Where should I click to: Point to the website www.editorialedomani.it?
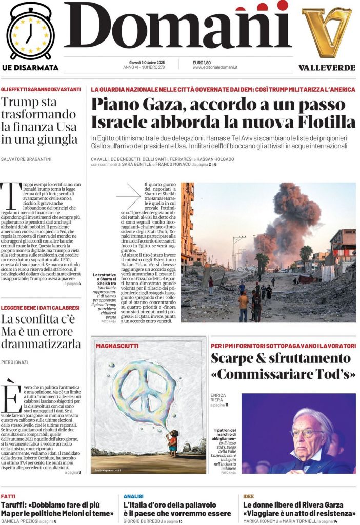coord(215,67)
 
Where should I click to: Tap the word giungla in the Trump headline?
coord(56,139)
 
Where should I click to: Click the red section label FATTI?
coord(8,496)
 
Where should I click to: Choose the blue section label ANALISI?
coord(133,496)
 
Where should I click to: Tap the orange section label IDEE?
coord(249,496)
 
